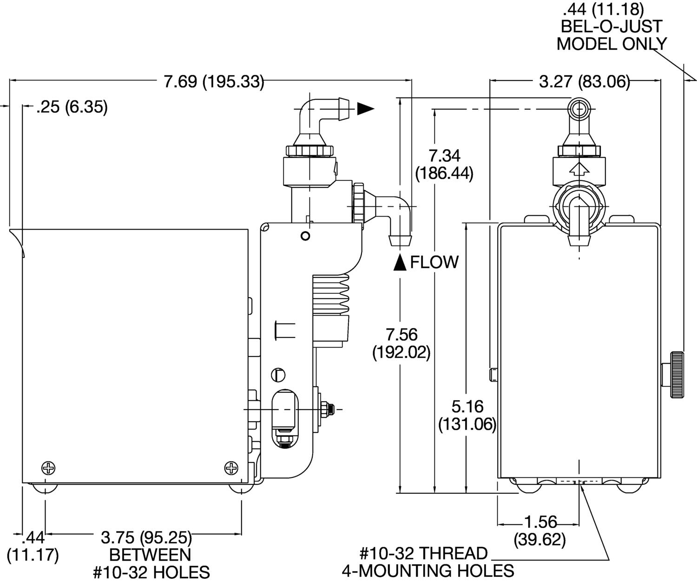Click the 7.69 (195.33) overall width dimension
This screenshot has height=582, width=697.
click(x=214, y=82)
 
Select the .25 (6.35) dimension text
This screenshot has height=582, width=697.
click(x=72, y=107)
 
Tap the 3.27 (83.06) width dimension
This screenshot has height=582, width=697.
click(x=584, y=82)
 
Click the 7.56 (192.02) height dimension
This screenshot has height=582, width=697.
click(x=401, y=343)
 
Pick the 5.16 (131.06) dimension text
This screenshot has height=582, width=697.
click(x=467, y=415)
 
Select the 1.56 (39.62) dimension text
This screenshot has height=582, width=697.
click(x=540, y=531)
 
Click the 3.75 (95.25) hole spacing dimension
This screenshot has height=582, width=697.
click(x=146, y=538)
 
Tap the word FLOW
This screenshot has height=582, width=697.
click(x=434, y=263)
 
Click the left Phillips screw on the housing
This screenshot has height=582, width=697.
click(x=48, y=468)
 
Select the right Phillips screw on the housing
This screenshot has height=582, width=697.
click(x=231, y=468)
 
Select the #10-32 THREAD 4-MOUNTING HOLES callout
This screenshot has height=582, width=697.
click(x=427, y=562)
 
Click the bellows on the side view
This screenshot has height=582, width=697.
click(x=332, y=293)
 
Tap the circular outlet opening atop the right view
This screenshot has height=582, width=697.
click(x=579, y=110)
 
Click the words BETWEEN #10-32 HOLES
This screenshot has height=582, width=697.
click(x=151, y=563)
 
